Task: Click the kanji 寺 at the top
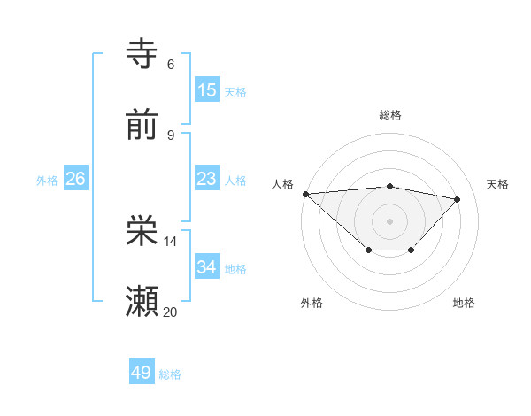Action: pyautogui.click(x=142, y=54)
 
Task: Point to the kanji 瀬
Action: pyautogui.click(x=142, y=302)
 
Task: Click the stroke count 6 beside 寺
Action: pyautogui.click(x=170, y=64)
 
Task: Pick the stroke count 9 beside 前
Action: pyautogui.click(x=170, y=135)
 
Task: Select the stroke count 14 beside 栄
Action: pyautogui.click(x=171, y=241)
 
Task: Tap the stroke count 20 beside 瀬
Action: pyautogui.click(x=171, y=312)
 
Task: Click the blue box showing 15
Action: pyautogui.click(x=206, y=90)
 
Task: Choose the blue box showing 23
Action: pyautogui.click(x=206, y=179)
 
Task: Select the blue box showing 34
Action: pyautogui.click(x=206, y=267)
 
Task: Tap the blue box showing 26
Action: pyautogui.click(x=75, y=179)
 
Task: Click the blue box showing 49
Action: pyautogui.click(x=142, y=373)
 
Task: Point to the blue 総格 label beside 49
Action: pyautogui.click(x=170, y=374)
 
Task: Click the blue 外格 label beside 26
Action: pyautogui.click(x=47, y=181)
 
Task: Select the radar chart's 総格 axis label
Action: pyautogui.click(x=390, y=115)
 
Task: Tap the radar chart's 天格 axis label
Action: pyautogui.click(x=497, y=184)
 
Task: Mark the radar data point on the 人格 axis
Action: pyautogui.click(x=305, y=194)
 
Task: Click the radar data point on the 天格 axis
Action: pyautogui.click(x=458, y=199)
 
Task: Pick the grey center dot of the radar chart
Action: pyautogui.click(x=390, y=220)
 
